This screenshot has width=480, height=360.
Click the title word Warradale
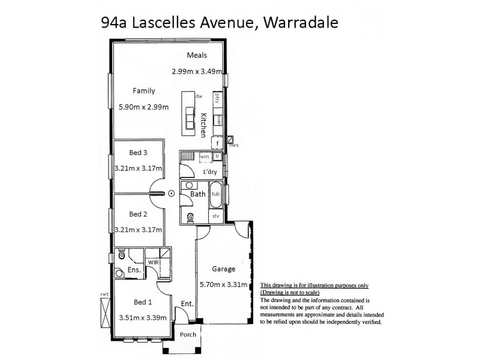point(301,23)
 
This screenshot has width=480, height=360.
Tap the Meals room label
point(197,55)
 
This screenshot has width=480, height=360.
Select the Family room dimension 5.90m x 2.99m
point(143,107)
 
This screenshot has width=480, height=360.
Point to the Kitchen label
point(204,125)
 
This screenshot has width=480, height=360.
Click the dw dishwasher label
point(199,96)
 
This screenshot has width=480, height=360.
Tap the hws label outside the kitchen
point(235,145)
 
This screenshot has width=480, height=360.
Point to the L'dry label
point(210,172)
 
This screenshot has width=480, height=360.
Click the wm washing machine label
point(205,157)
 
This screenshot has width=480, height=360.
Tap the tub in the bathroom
point(215,194)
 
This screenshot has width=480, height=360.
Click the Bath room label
point(198,194)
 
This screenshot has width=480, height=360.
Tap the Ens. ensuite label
point(134,271)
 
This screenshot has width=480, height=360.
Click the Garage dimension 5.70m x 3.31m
point(224,284)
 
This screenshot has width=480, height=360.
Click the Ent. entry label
point(187,304)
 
